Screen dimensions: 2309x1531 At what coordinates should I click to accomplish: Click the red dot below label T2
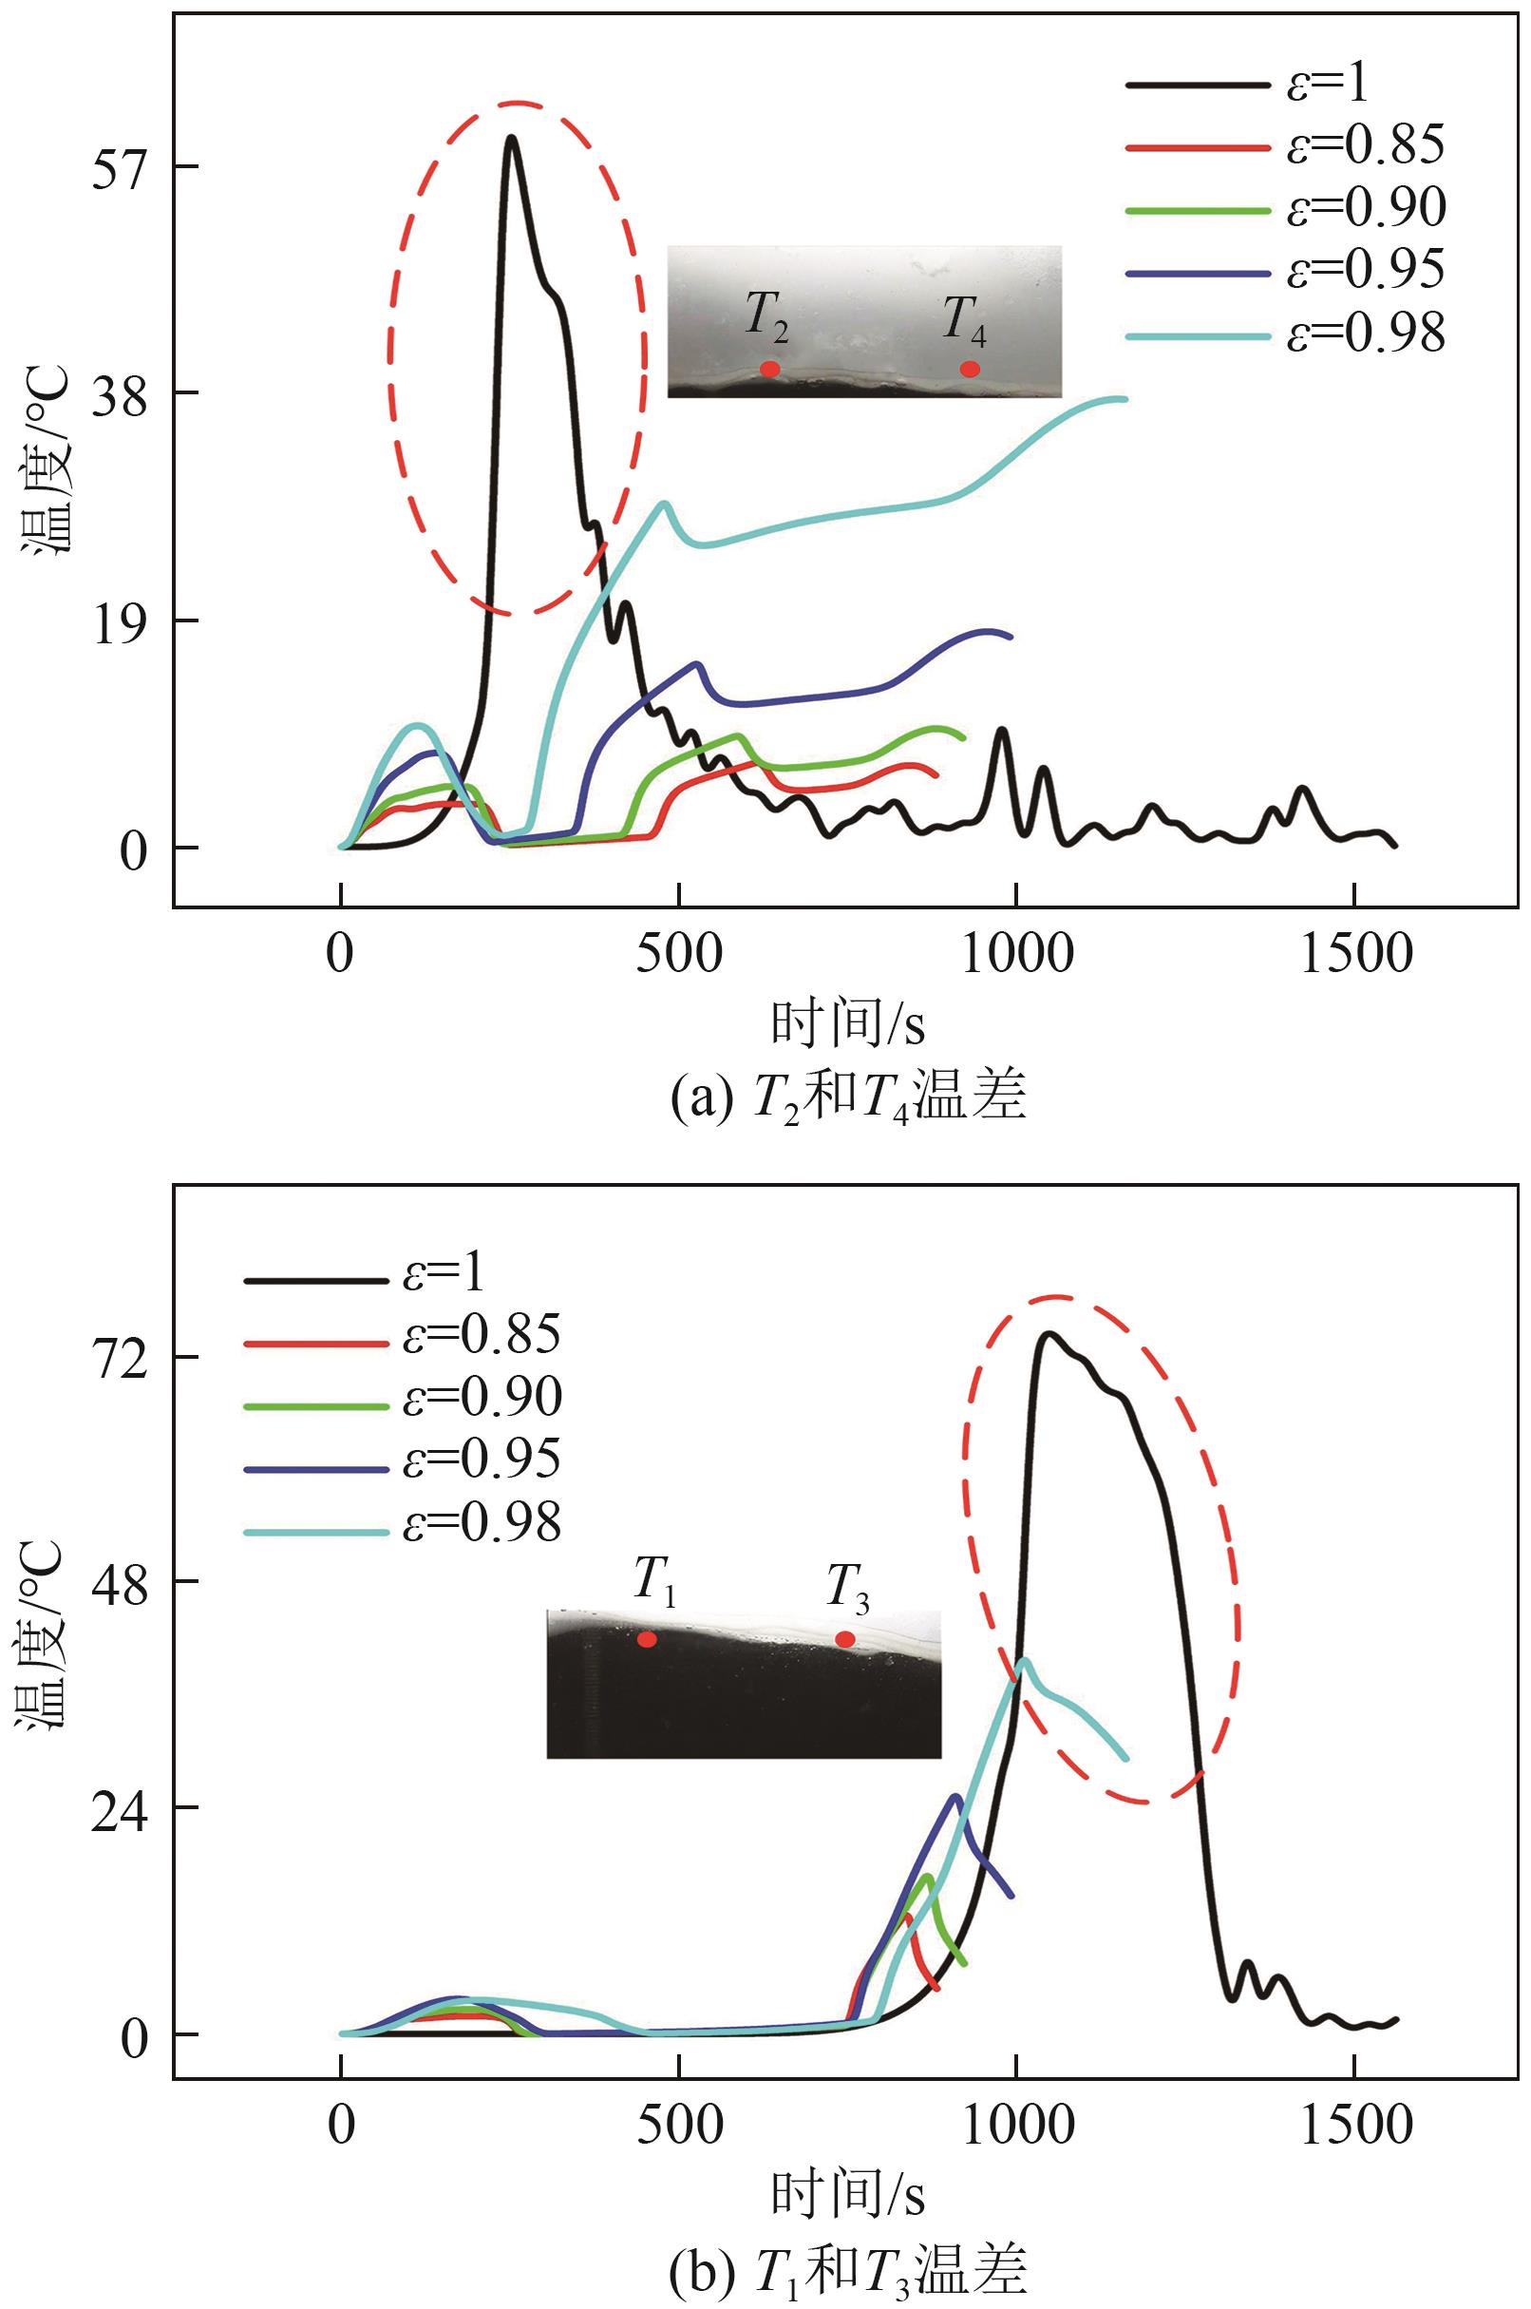click(x=769, y=370)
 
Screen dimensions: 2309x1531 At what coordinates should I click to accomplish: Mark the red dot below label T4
click(x=970, y=370)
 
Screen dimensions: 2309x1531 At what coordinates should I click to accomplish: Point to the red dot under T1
click(x=648, y=1639)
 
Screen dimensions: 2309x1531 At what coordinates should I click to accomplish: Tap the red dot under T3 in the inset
click(x=845, y=1639)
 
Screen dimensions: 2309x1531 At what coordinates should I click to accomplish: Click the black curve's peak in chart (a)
click(x=511, y=138)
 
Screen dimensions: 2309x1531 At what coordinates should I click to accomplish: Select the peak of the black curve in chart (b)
click(x=1049, y=1334)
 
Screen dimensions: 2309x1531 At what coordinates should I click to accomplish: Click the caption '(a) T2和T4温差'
click(x=847, y=1099)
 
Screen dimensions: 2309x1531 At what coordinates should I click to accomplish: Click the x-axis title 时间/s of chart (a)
click(x=847, y=1025)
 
